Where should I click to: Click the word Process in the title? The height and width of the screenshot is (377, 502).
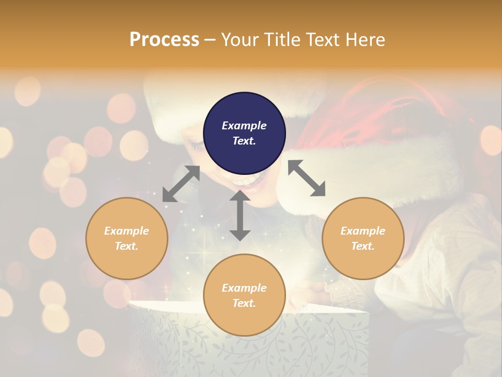[x=164, y=40]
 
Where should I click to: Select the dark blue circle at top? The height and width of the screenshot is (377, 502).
[x=244, y=133]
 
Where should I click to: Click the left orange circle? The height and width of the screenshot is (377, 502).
[x=127, y=238]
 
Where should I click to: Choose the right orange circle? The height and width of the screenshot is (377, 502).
[x=363, y=238]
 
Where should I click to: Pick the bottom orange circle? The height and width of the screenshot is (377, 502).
[x=244, y=295]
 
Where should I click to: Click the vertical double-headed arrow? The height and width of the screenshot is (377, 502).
[x=239, y=215]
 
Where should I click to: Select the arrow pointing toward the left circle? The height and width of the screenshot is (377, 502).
[x=181, y=184]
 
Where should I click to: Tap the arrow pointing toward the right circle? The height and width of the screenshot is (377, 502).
[x=306, y=178]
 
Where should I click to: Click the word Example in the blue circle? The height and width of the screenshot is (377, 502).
[x=244, y=126]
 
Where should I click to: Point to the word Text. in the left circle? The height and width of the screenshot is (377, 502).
[x=127, y=246]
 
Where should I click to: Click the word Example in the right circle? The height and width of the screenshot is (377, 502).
[x=363, y=231]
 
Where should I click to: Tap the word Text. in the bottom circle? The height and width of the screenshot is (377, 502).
[x=244, y=303]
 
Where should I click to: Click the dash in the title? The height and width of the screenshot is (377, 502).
[x=210, y=40]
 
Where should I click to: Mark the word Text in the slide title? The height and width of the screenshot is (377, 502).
[x=321, y=40]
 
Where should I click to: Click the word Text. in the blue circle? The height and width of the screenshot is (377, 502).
[x=244, y=141]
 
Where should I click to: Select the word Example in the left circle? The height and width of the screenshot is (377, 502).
[x=127, y=231]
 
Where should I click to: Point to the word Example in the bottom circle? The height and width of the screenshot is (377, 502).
[x=244, y=288]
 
